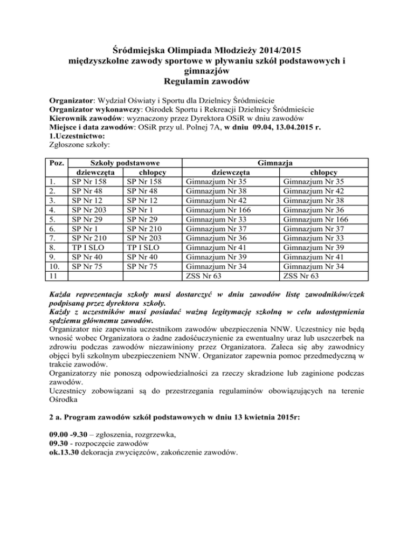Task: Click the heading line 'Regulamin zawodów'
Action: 207,81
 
